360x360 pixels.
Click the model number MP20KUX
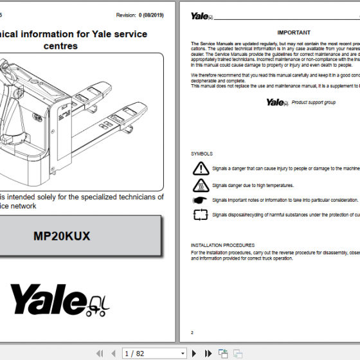click(x=62, y=236)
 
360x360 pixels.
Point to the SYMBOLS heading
click(x=202, y=154)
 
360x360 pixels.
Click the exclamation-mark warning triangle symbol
click(x=201, y=169)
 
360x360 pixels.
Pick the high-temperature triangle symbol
click(x=201, y=185)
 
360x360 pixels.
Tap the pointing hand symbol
click(x=201, y=200)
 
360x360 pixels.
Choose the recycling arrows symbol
click(x=201, y=215)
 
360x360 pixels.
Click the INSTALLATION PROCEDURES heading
click(x=222, y=245)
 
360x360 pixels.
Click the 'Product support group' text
click(x=314, y=102)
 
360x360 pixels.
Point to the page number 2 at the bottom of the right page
click(x=192, y=332)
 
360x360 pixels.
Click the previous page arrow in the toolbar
click(x=111, y=353)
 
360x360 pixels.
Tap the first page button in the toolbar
click(x=99, y=353)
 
